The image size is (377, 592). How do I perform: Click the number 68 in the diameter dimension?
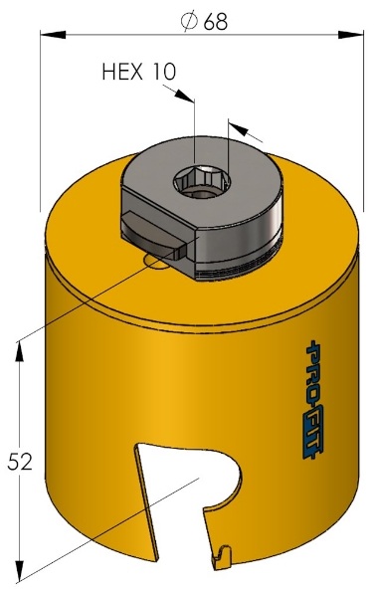point(215,21)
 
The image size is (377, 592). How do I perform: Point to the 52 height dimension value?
point(20,462)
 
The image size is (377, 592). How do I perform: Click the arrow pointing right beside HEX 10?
point(182,95)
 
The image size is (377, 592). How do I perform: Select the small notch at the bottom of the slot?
point(225,550)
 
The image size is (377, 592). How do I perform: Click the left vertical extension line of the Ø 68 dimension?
point(41,119)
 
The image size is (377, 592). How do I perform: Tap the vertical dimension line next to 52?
point(20,418)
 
